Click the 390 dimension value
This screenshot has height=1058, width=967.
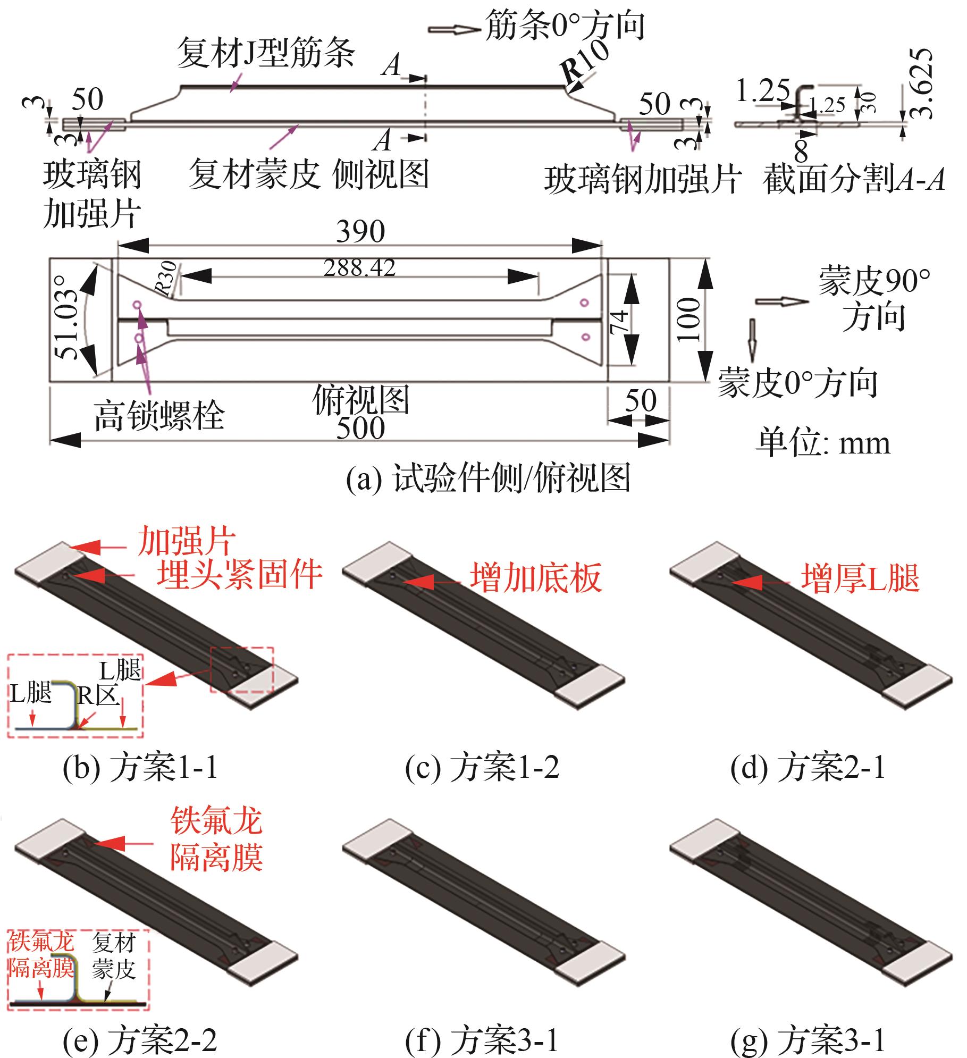click(x=360, y=232)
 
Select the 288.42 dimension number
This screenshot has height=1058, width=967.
click(x=360, y=268)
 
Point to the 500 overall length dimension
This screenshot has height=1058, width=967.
click(x=360, y=429)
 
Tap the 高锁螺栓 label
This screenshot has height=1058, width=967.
click(x=159, y=415)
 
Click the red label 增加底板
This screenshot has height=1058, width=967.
click(x=536, y=578)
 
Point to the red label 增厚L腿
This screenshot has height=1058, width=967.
click(x=861, y=578)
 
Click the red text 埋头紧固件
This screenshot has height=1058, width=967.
click(x=240, y=574)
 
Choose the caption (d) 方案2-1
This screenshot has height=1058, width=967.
click(x=808, y=768)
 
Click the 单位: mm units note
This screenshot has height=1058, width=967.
click(x=823, y=443)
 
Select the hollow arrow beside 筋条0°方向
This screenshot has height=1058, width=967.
click(x=453, y=29)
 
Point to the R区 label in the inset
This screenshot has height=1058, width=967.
click(x=98, y=695)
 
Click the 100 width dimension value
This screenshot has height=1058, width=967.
click(x=689, y=319)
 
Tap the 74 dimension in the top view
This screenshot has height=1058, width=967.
click(x=620, y=321)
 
